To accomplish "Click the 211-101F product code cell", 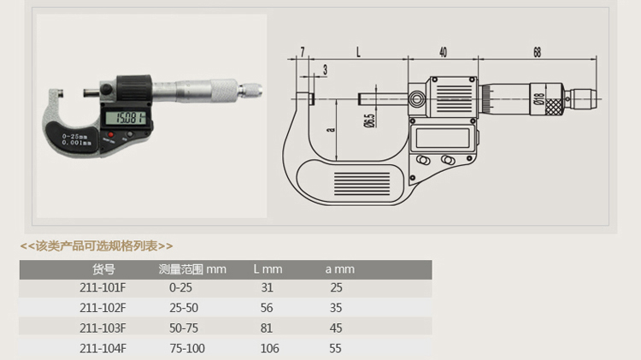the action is (103, 287).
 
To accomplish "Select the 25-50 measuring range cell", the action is (184, 308).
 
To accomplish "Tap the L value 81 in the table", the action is (267, 328).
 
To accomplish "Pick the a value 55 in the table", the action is (335, 349).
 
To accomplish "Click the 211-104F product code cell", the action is (103, 349).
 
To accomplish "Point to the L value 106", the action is (270, 349).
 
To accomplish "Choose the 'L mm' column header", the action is (268, 269).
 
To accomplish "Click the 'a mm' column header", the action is (340, 269).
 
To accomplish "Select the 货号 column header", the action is (103, 269).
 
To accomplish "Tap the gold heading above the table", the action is (97, 246).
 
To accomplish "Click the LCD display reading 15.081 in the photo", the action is (126, 118).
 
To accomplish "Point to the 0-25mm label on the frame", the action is (75, 136).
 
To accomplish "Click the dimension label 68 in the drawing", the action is (538, 52).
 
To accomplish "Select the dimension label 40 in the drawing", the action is (443, 52).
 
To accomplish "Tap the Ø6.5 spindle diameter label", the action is (369, 121).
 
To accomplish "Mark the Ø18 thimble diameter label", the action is (539, 98).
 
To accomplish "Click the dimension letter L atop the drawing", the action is (358, 52).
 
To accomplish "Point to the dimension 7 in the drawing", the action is (302, 52).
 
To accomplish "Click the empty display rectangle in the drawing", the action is (443, 138).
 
